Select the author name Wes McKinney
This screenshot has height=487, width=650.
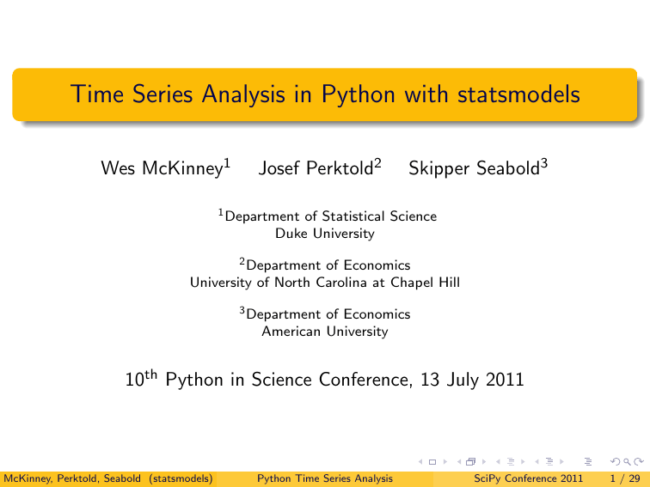[161, 167]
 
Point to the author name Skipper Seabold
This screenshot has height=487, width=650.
[473, 167]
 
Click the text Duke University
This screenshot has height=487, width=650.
[325, 233]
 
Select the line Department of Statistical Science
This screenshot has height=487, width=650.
[330, 216]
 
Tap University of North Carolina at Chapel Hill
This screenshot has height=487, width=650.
[325, 282]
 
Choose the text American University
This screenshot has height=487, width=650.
[325, 331]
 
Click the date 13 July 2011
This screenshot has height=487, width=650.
[473, 379]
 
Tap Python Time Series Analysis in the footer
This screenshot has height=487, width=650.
[325, 478]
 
